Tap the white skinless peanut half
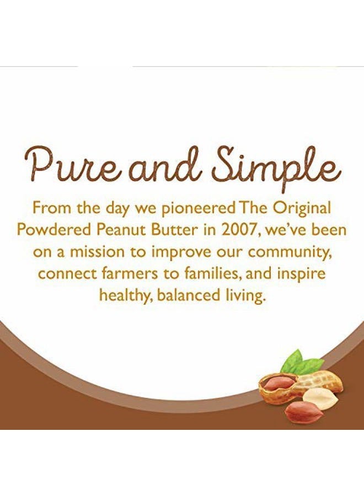[319, 397]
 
